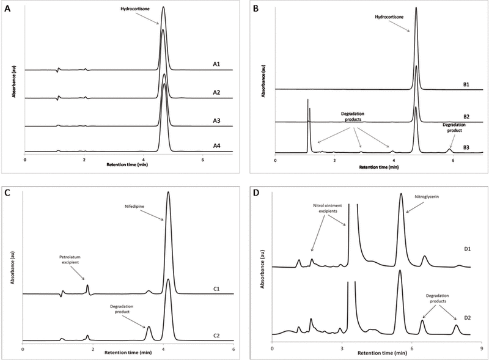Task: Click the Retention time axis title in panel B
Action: (378, 166)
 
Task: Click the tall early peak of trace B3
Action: (307, 101)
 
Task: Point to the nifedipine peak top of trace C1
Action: (168, 193)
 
